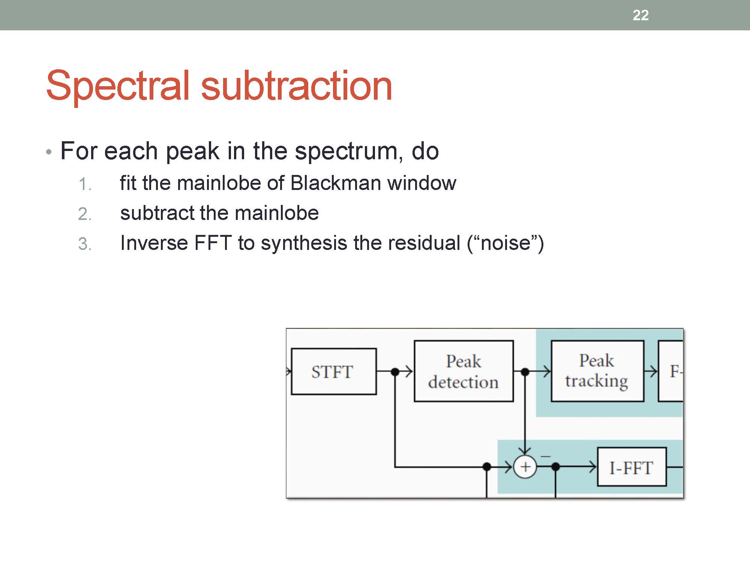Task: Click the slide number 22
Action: (x=640, y=15)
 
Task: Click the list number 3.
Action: (x=85, y=244)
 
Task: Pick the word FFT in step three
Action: (x=213, y=243)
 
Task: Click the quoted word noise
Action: (x=505, y=243)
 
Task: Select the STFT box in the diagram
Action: (x=333, y=371)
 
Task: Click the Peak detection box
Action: (x=463, y=371)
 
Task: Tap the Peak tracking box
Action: (x=597, y=371)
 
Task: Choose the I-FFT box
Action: (x=631, y=467)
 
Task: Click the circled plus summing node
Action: (x=525, y=467)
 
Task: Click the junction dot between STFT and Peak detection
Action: (x=395, y=372)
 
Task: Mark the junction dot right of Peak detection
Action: (x=525, y=372)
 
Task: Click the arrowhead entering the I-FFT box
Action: (x=593, y=467)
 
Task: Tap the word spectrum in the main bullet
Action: (x=346, y=151)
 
